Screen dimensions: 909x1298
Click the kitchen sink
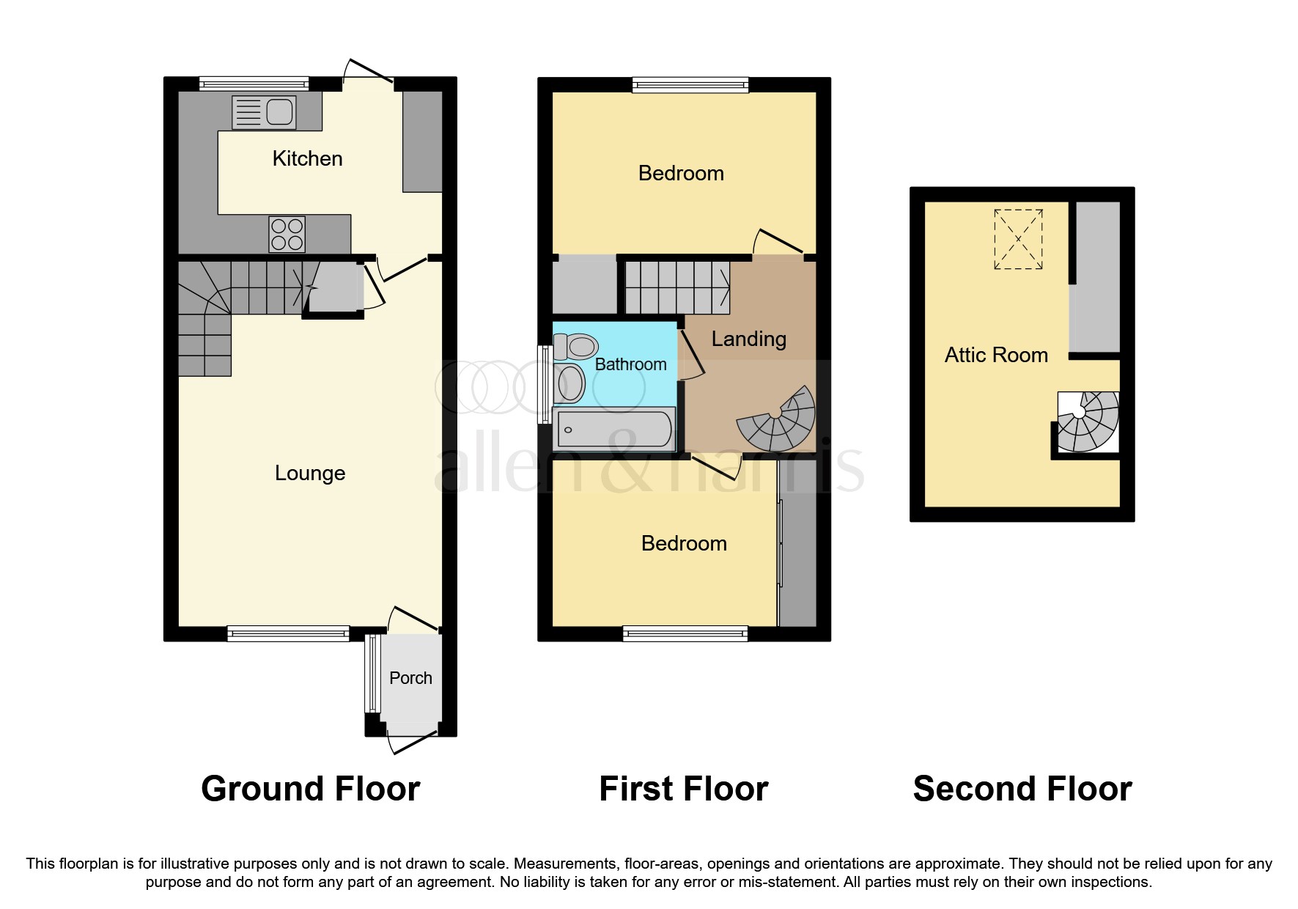(265, 112)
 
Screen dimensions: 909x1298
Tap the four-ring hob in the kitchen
(287, 234)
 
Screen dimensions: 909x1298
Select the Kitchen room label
(307, 158)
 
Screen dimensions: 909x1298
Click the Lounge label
(310, 473)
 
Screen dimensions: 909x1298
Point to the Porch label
(410, 678)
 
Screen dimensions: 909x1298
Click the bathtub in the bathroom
(614, 430)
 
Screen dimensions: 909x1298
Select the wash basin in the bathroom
(569, 383)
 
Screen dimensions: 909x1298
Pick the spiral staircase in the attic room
(1087, 421)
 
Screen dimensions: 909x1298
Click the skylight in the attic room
(1018, 239)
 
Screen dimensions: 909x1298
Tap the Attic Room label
(996, 355)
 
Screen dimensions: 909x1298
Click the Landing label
(748, 339)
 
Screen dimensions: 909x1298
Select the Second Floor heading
(1022, 789)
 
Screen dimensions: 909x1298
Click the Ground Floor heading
(310, 789)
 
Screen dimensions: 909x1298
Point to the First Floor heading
(683, 789)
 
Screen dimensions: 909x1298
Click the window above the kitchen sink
(254, 84)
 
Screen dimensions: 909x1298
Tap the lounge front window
(288, 633)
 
